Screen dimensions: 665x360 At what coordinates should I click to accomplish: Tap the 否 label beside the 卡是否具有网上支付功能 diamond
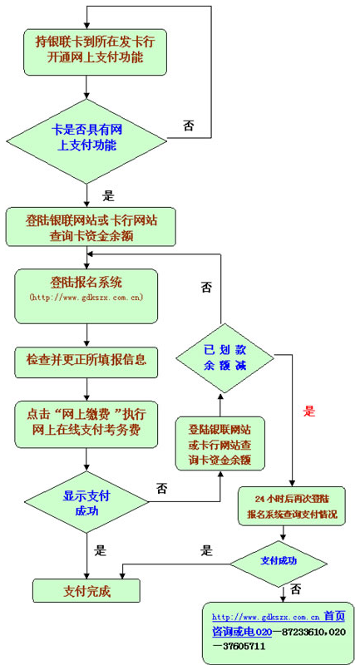(189, 126)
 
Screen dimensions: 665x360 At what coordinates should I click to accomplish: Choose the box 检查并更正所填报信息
(86, 360)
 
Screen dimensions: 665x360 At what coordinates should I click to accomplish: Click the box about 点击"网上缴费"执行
(86, 422)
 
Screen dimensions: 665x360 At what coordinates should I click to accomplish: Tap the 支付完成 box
(86, 591)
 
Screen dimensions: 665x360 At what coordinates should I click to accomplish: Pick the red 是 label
(310, 411)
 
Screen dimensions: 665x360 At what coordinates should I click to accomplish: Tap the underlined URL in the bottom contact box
(266, 618)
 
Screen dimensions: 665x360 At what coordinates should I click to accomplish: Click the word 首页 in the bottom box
(334, 617)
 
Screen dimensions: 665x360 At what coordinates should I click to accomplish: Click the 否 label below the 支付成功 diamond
(296, 589)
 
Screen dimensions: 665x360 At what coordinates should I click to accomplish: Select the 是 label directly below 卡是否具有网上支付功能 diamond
(107, 197)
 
